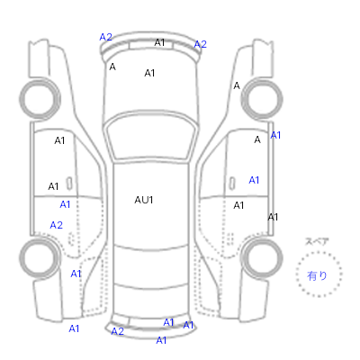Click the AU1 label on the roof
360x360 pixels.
tap(144, 200)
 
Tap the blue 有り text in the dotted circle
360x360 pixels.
tap(317, 275)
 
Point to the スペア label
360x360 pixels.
tap(317, 241)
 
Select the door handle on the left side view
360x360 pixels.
tap(69, 184)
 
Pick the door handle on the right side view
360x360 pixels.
tap(232, 184)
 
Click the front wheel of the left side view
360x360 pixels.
tap(40, 99)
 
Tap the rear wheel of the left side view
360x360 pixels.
tap(40, 258)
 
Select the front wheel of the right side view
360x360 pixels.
tap(262, 99)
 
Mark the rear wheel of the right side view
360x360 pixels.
tap(262, 258)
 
